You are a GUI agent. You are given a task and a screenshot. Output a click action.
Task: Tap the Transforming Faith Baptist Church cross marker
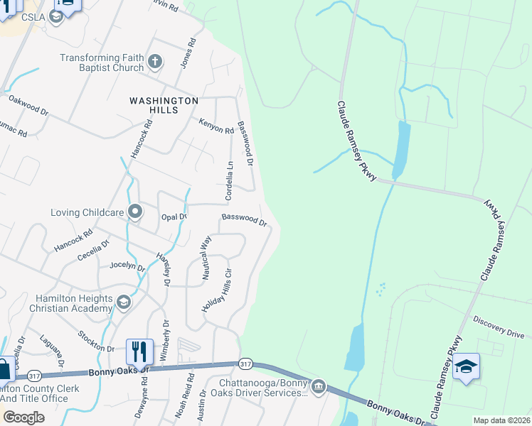coord(156,62)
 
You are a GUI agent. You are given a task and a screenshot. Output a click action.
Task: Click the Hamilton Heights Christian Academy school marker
coord(124,303)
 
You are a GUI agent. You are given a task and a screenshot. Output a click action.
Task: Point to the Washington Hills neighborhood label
coord(164,106)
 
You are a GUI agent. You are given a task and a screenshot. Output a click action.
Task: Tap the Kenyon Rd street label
coord(216,126)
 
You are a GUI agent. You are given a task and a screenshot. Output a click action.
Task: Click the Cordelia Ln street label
coord(229,180)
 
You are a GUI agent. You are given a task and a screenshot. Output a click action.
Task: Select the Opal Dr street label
coord(174,216)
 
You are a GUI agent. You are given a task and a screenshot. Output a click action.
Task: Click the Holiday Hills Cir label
coord(228,286)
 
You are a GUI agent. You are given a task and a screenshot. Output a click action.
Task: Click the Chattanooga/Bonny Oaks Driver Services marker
coord(319,386)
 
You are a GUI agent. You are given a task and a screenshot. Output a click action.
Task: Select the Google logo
coord(23,417)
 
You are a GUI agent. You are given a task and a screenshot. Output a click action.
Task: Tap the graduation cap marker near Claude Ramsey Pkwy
coord(466,367)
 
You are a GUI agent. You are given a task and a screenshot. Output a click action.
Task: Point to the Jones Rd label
coord(188,53)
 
